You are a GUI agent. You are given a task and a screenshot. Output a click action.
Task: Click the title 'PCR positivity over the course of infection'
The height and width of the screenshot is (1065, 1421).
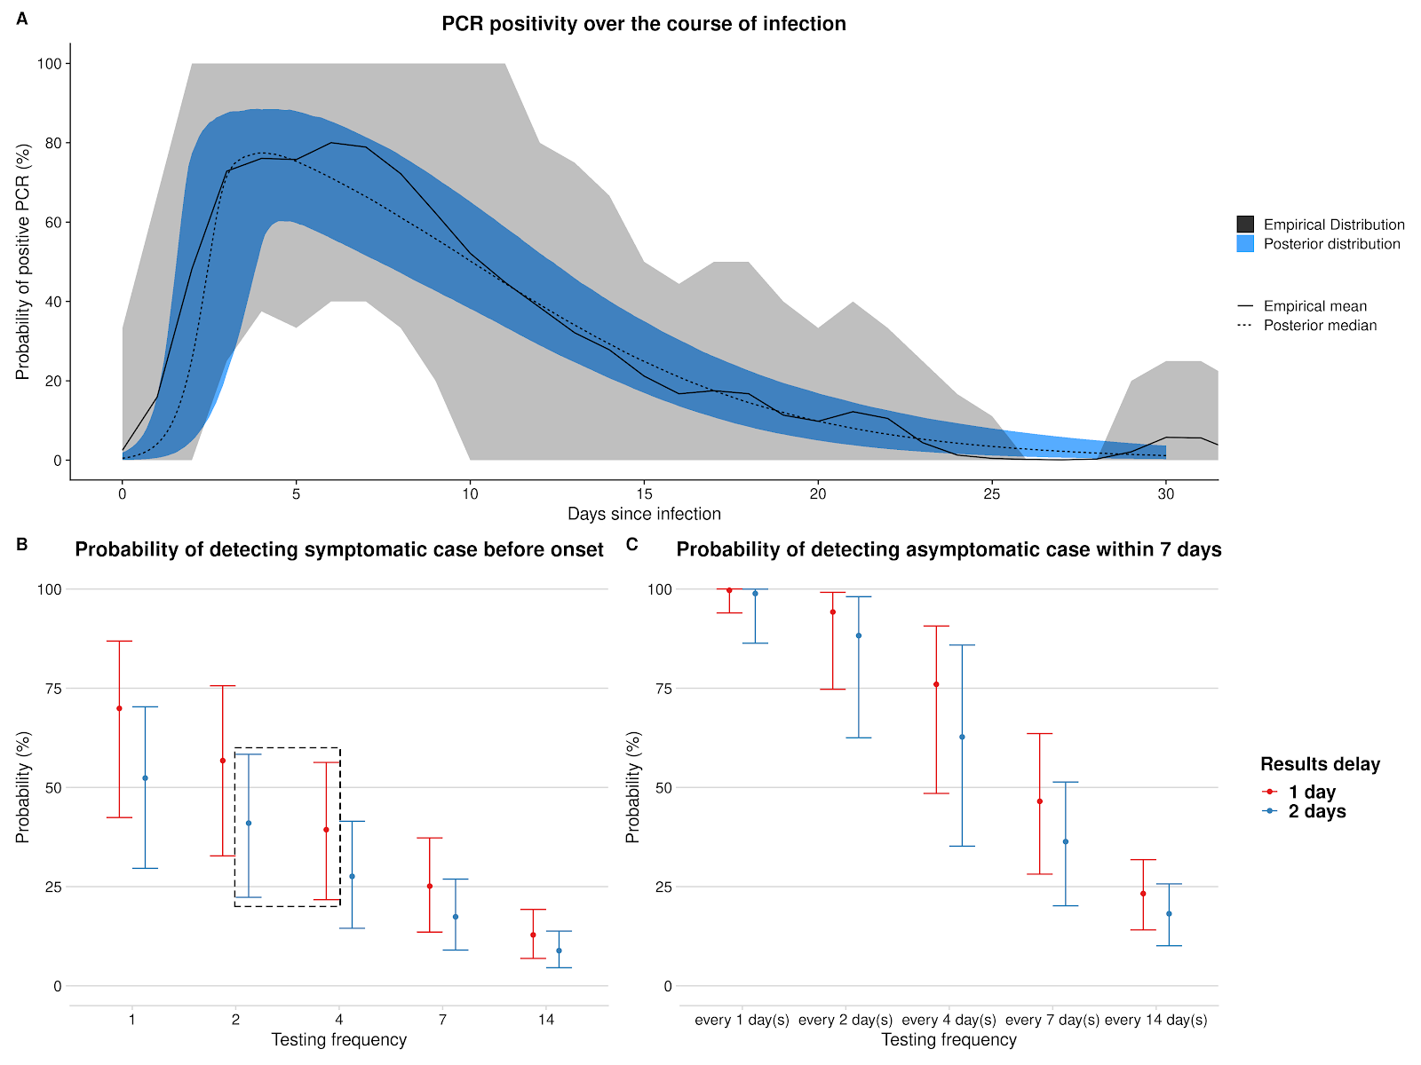644,24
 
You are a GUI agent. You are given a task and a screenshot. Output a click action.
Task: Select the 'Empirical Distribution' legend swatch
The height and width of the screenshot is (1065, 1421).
1245,225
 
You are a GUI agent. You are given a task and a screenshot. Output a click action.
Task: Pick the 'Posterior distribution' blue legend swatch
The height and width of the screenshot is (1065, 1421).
1245,244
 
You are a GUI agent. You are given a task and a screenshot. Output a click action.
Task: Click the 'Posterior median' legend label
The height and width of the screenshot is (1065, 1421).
1320,326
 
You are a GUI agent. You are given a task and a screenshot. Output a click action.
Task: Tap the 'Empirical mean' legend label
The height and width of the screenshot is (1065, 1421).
1315,306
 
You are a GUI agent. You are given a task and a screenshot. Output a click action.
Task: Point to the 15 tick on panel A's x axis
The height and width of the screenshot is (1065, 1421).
644,494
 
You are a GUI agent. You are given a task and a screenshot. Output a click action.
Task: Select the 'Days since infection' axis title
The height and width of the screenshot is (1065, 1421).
644,514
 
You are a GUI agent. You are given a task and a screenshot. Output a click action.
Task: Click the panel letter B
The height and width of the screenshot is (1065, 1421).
22,544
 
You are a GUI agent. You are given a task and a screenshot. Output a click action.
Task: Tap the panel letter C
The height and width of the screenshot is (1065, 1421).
632,544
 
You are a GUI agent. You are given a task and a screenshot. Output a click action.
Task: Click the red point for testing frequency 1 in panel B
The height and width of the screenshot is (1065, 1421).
119,708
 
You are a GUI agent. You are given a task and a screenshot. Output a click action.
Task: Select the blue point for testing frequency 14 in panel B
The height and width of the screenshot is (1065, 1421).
559,951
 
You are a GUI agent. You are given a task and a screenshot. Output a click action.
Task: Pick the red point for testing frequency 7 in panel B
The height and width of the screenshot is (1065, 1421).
430,886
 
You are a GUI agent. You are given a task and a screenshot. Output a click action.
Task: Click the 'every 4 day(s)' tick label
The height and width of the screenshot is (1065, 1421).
949,1020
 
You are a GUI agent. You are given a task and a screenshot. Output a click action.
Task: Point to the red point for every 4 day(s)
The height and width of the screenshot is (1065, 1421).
936,684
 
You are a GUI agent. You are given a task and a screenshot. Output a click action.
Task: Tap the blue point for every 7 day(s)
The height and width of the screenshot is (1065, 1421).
1066,841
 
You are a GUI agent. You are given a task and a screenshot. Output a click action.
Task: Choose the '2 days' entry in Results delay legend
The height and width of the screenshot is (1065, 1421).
1317,811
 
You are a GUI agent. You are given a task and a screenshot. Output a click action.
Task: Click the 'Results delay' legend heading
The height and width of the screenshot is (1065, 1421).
1320,764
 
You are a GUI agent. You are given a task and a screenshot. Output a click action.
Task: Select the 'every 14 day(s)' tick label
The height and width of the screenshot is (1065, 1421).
1155,1020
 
